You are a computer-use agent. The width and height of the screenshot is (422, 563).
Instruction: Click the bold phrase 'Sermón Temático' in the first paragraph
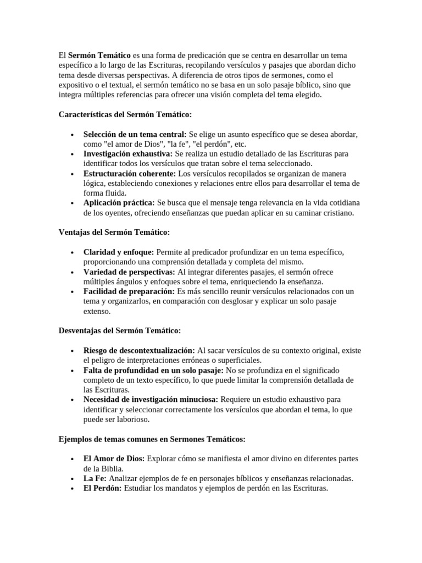pos(99,56)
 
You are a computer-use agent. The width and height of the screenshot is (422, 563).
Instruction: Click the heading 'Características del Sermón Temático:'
pos(125,114)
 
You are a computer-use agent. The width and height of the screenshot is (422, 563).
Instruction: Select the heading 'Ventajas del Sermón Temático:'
pos(114,232)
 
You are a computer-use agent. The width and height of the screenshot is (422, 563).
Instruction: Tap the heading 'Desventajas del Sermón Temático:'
pos(119,330)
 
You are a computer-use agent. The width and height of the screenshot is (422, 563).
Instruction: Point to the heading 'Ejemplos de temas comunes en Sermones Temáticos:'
pos(152,439)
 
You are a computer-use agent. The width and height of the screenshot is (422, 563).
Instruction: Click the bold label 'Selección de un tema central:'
pos(135,134)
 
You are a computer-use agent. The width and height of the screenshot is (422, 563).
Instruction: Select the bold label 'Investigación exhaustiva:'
pos(128,153)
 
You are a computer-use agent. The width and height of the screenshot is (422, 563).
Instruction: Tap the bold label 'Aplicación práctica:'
pos(119,203)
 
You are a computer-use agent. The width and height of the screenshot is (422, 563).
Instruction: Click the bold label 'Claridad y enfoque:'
pos(119,252)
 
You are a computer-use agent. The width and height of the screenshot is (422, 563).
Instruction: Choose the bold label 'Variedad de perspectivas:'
pos(129,272)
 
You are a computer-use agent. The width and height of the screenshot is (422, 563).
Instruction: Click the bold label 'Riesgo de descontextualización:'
pos(139,350)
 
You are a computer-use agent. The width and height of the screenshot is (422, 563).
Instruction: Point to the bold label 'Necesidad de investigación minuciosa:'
pos(151,399)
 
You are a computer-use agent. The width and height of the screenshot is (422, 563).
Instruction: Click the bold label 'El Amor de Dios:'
pos(114,459)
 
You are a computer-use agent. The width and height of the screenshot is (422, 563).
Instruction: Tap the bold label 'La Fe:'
pos(95,478)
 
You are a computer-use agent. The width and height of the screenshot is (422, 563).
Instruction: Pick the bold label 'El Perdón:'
pos(103,488)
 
